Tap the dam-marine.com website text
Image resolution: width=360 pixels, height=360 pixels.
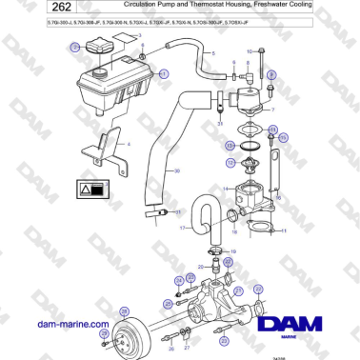pos(72,324)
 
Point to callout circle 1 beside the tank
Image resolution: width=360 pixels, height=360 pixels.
pos(164,73)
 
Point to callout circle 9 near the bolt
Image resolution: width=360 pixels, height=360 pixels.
pos(271,73)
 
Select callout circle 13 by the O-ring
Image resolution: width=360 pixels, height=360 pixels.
pos(230,146)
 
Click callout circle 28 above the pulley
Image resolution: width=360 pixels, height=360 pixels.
pos(122,311)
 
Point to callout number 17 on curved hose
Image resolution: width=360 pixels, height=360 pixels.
pos(181,229)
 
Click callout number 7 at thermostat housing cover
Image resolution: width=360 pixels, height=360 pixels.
pos(272,110)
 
